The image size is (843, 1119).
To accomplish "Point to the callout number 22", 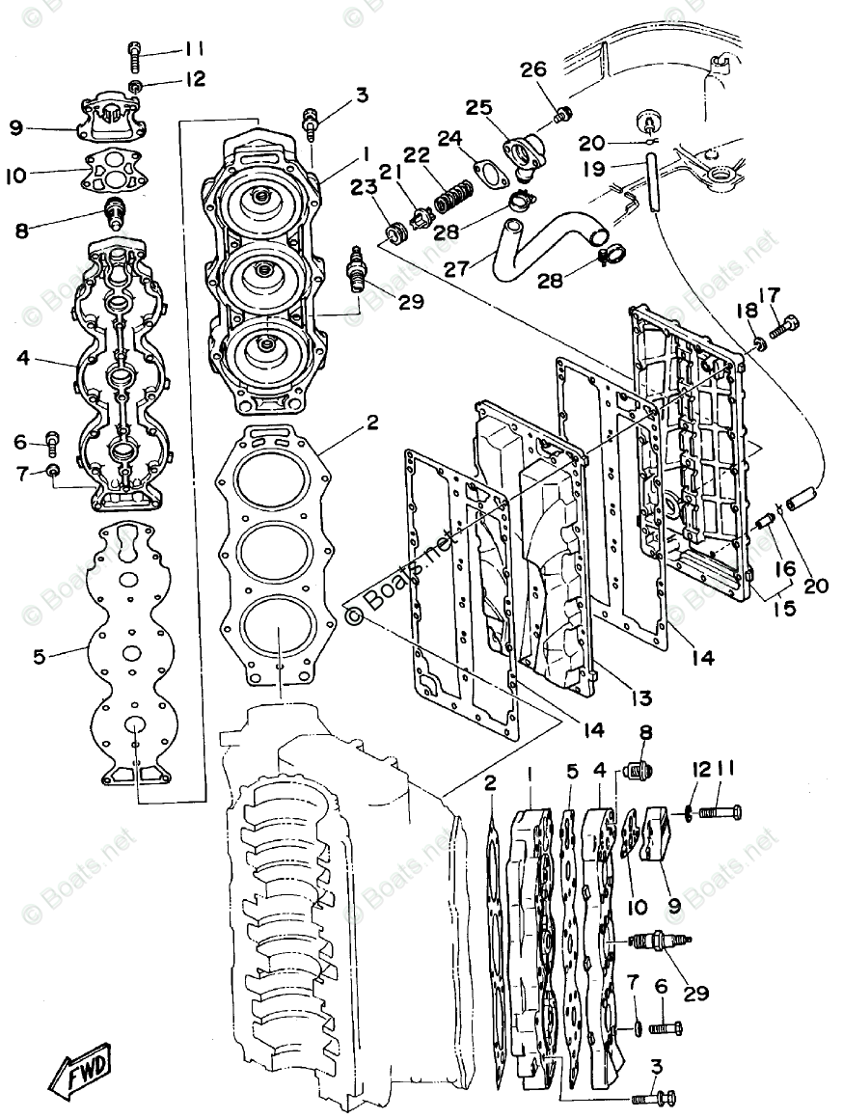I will [416, 155].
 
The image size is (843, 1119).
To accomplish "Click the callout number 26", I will [533, 69].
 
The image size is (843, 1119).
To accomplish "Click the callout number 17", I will [768, 295].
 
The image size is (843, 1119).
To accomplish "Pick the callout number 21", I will [390, 171].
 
